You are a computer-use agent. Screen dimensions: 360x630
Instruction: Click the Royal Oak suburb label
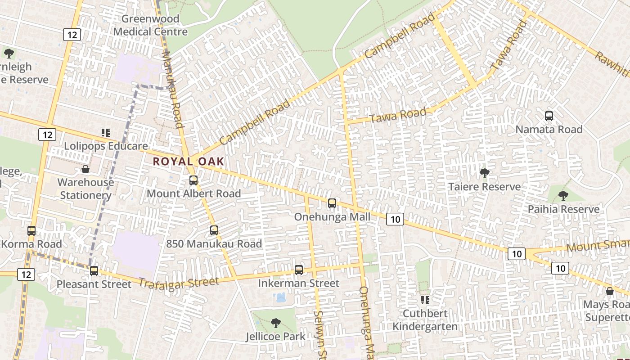coord(188,161)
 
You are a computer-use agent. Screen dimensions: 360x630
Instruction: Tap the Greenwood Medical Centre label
coord(150,25)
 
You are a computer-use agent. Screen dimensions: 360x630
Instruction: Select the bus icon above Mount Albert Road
coord(193,180)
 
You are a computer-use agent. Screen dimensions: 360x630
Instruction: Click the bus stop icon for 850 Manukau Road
coord(214,230)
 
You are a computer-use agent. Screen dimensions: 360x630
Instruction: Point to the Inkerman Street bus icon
coord(299,270)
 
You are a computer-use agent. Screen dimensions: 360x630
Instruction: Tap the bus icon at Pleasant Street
coord(94,271)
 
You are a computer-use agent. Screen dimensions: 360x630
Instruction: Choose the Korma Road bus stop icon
coord(31,231)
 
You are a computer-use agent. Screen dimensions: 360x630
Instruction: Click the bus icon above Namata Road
coord(549,116)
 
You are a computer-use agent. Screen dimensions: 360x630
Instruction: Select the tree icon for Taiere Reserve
coord(485,173)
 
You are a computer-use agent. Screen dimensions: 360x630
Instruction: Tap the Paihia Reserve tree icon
coord(563,196)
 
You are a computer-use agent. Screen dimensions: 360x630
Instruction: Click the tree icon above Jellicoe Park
coord(275,323)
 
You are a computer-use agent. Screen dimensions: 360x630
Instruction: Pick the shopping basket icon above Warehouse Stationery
coord(85,169)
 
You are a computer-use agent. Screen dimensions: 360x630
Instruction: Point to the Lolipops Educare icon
coord(106,133)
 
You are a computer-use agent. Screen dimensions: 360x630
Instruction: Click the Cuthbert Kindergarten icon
coord(425,300)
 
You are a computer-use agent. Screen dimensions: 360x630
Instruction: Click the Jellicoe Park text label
coord(275,337)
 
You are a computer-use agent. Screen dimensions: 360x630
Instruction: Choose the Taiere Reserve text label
coord(485,187)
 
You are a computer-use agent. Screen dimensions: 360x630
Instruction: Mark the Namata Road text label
coord(549,130)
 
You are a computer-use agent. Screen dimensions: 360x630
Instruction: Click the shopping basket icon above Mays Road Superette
coord(610,292)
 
